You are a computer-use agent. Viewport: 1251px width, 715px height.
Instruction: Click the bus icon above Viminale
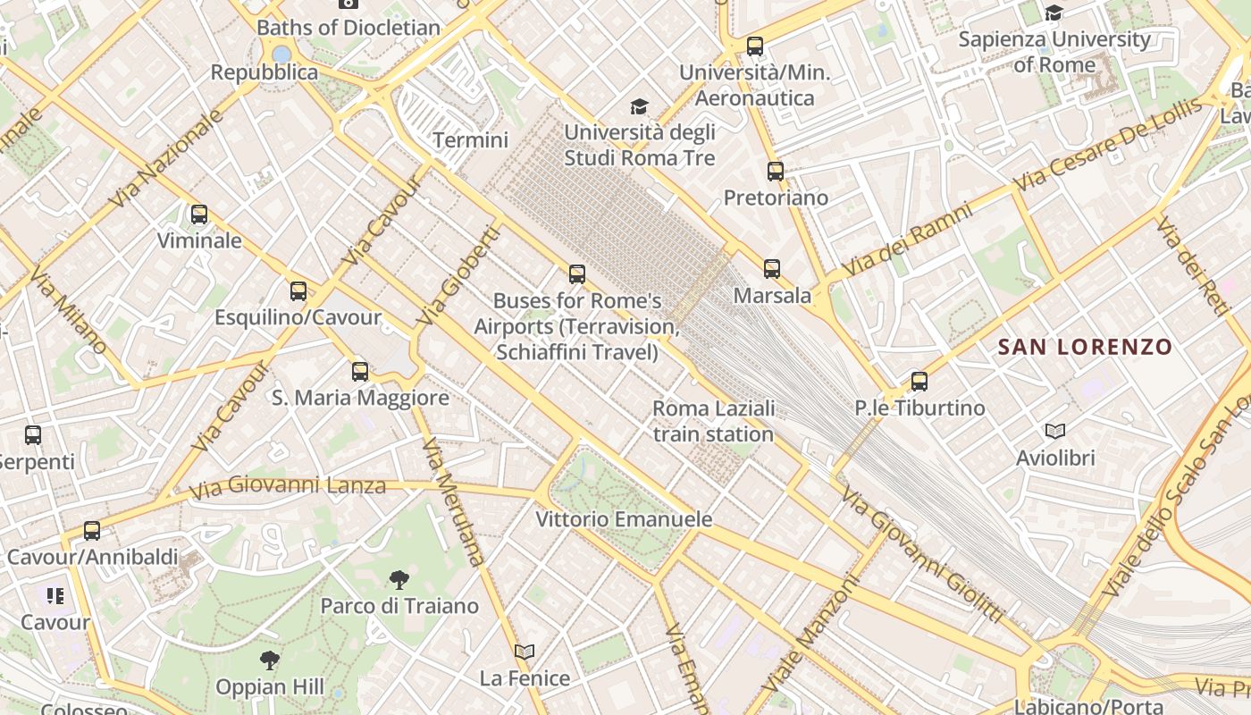[198, 214]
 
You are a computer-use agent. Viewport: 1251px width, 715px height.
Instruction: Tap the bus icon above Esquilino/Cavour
[298, 291]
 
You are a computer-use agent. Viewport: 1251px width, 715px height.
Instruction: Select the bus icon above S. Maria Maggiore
[360, 372]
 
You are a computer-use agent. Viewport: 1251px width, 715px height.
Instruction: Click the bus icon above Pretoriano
[776, 172]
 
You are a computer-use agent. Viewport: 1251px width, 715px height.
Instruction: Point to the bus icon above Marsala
[772, 269]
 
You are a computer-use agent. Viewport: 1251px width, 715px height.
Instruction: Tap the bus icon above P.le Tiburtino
[919, 382]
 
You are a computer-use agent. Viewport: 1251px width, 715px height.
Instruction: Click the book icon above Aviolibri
[1055, 432]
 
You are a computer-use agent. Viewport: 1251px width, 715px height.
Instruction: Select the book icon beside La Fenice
[525, 652]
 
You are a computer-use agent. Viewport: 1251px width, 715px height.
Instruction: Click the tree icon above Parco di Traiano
[399, 580]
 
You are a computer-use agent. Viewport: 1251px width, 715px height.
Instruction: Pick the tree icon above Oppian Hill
[269, 661]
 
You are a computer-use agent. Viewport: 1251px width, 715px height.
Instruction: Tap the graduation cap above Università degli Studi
[639, 107]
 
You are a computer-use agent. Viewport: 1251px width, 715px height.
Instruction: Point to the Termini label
[470, 140]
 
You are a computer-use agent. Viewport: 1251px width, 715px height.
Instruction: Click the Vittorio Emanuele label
[624, 519]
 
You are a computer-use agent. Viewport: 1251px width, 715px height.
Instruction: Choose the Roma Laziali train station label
[713, 422]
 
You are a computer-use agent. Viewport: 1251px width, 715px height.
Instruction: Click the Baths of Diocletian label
[348, 28]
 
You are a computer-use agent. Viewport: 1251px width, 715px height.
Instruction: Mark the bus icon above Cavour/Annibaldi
[92, 531]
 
